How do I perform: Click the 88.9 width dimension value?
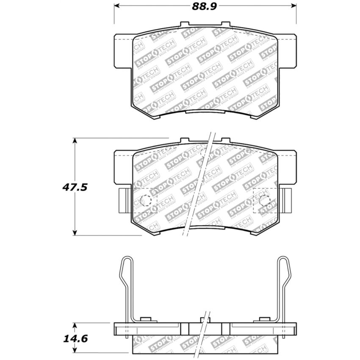(x=205, y=7)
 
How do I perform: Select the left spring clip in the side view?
(x=126, y=288)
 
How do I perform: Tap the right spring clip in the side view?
(x=284, y=288)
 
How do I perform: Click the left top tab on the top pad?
(x=184, y=25)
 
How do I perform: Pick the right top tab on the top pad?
(x=226, y=25)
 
